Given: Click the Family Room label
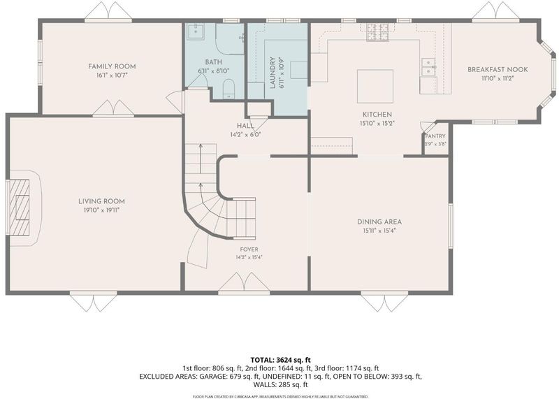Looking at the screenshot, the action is (112, 66).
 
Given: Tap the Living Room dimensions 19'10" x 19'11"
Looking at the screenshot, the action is (101, 210).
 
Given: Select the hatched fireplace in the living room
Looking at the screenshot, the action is (20, 208).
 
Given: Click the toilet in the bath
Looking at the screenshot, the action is (228, 89).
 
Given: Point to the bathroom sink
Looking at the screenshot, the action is (195, 31).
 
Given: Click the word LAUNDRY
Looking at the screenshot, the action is (273, 73).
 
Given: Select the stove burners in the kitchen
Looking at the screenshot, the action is (378, 31).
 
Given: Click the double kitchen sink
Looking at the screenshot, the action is (428, 67).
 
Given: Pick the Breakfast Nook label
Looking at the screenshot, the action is (498, 70).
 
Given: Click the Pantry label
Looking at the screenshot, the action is (435, 136).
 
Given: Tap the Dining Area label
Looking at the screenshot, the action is (379, 222).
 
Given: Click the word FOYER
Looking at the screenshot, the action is (249, 249).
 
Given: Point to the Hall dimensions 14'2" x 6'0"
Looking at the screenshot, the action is (246, 135).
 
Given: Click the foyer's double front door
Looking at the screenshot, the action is (244, 283).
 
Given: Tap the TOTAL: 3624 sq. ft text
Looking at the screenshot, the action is (280, 360).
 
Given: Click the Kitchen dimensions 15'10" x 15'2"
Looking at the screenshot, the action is (377, 124).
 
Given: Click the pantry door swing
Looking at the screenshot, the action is (427, 127).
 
